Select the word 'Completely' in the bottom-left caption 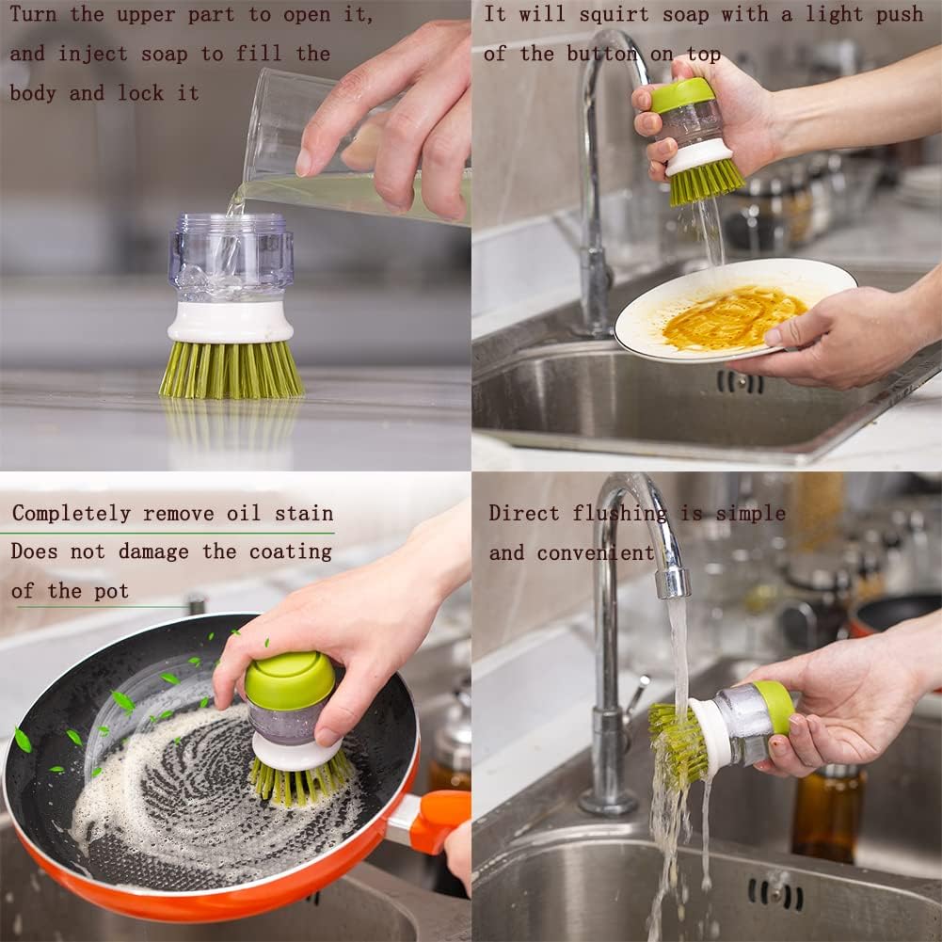click(x=72, y=514)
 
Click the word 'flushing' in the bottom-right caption click(x=619, y=514)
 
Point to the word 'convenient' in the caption click(x=596, y=553)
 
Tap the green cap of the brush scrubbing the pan click(x=289, y=679)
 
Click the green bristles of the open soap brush click(x=231, y=369)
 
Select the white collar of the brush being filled click(x=231, y=321)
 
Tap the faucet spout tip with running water click(x=673, y=583)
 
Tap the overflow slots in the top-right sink click(x=740, y=381)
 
